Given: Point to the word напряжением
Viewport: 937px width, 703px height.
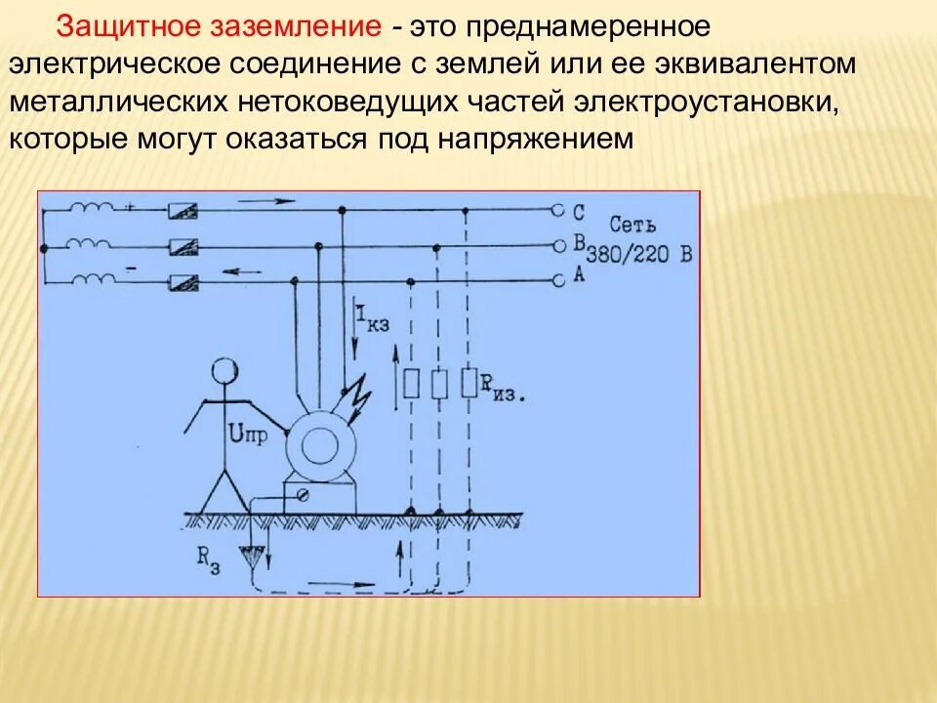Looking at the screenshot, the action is click(x=542, y=139).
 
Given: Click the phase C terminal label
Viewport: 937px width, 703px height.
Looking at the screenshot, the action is click(x=579, y=211).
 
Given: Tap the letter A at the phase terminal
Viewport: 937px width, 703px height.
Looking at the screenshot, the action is click(x=579, y=276).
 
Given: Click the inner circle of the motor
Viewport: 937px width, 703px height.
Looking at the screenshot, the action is click(x=318, y=446).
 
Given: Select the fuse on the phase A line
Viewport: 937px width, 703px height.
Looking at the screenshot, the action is click(x=183, y=282).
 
